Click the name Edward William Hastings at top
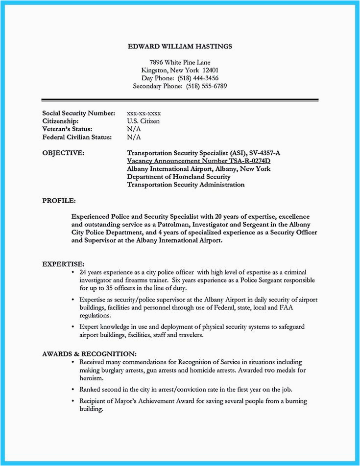[x=180, y=47]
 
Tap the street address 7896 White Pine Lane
[x=180, y=62]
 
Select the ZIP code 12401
[x=215, y=70]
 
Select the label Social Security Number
[x=78, y=113]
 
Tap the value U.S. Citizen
[x=143, y=121]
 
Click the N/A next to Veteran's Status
[x=134, y=129]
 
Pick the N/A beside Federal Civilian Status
[x=134, y=137]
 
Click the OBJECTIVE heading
[x=63, y=153]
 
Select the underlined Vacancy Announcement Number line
[x=199, y=161]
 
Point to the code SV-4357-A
[x=262, y=153]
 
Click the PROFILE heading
[x=59, y=200]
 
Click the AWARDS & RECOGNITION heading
[x=89, y=353]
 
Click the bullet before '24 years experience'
[x=73, y=272]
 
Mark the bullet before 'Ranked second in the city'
[x=73, y=390]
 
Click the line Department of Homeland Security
[x=178, y=177]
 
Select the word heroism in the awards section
[x=91, y=378]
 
